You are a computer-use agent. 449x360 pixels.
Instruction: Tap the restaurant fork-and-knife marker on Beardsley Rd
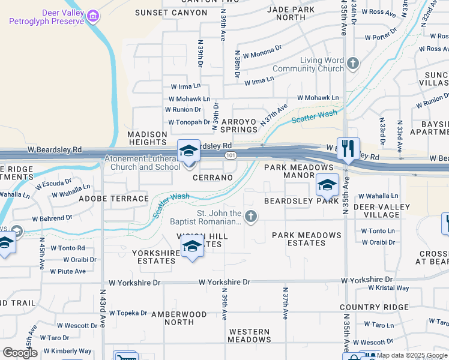click(348, 148)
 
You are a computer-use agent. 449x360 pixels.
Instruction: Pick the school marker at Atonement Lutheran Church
click(188, 151)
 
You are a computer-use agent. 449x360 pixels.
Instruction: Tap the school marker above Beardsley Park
click(327, 185)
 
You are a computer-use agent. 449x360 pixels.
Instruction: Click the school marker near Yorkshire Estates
click(192, 246)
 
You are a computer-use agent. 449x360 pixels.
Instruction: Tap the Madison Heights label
click(146, 138)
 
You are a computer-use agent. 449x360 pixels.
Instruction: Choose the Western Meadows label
click(249, 335)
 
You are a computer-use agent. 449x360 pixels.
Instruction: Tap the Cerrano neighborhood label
click(212, 178)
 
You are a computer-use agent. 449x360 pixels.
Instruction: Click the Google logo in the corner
click(20, 353)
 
